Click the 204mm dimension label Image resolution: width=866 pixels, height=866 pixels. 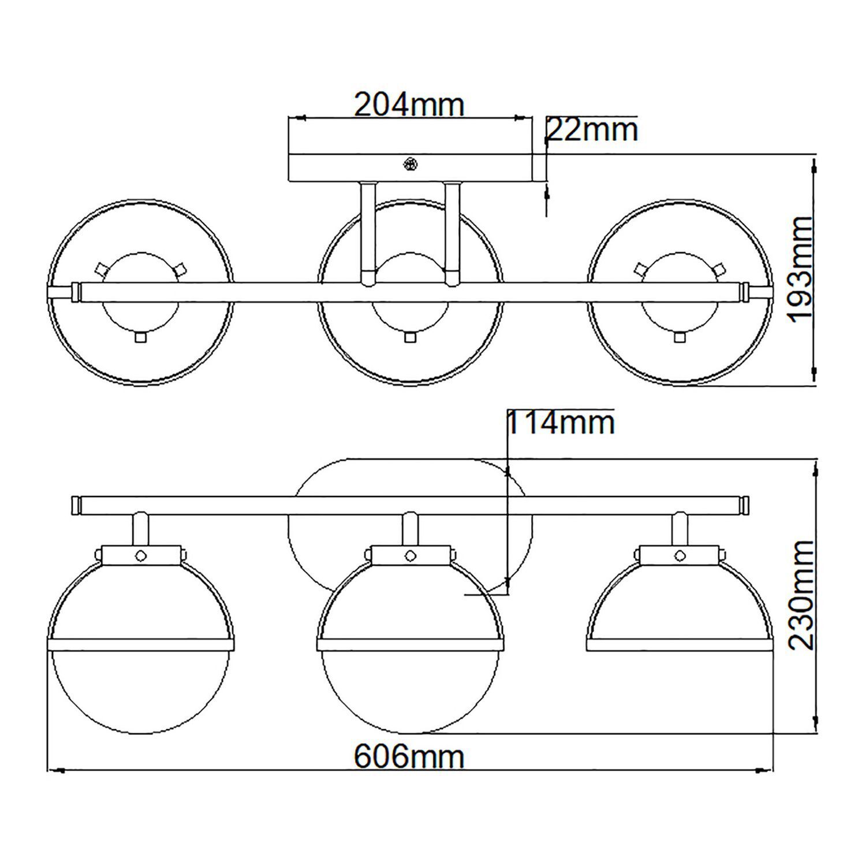click(409, 104)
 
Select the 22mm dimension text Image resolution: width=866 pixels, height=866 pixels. click(592, 130)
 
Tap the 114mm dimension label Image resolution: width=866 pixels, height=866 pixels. click(560, 423)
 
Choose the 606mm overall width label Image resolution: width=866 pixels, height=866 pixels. click(409, 756)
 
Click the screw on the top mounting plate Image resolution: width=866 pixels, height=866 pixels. click(410, 165)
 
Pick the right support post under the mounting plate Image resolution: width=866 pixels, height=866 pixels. click(451, 233)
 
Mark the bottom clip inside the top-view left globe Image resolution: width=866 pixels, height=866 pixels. click(140, 337)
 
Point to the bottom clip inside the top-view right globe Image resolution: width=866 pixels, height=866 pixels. click(680, 337)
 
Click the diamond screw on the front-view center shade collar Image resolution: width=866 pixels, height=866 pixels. click(410, 555)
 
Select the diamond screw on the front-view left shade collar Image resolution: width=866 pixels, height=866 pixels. click(140, 555)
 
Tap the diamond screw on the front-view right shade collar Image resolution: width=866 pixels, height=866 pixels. click(680, 555)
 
